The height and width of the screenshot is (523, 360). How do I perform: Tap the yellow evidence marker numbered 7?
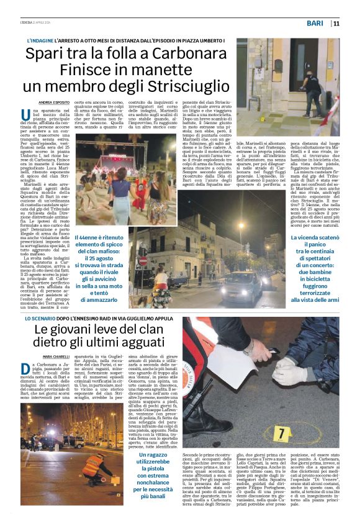point(281,431)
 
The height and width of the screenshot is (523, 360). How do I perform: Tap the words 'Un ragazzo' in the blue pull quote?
point(153,455)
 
